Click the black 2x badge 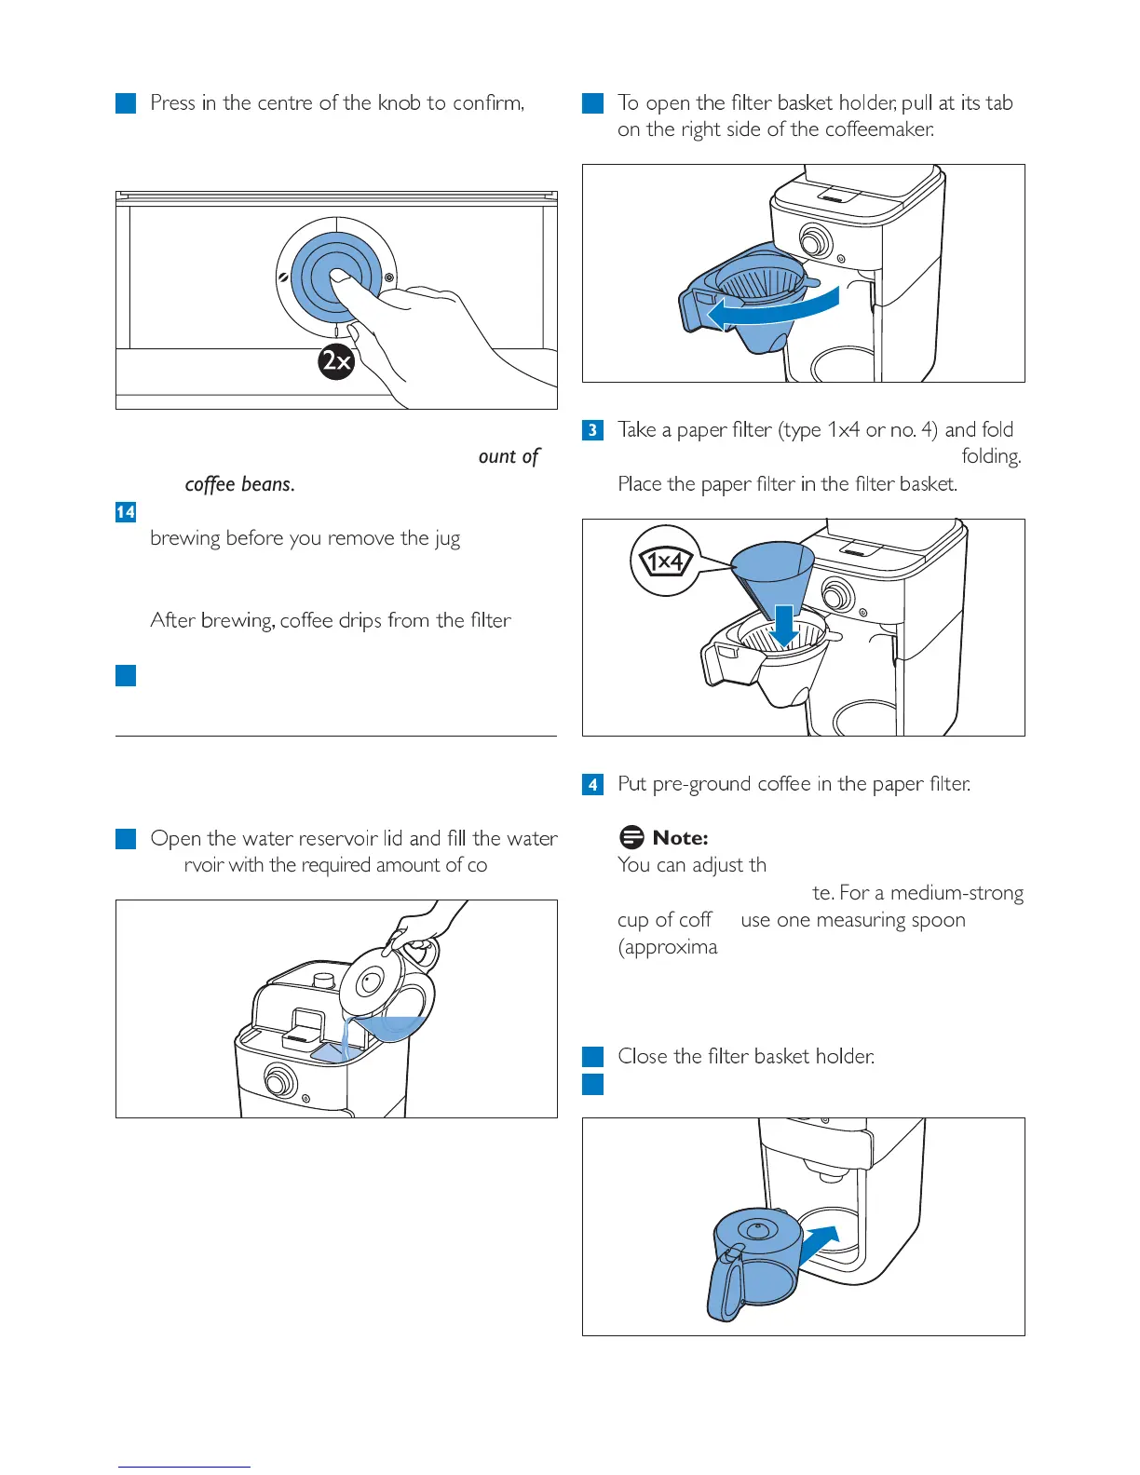336,360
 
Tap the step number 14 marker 126,512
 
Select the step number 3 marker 592,430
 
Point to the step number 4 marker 592,785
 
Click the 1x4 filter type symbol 665,562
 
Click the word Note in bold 680,838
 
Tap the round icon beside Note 631,837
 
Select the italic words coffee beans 239,484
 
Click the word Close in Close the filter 642,1057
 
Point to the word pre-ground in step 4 702,785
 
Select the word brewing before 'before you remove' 185,539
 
